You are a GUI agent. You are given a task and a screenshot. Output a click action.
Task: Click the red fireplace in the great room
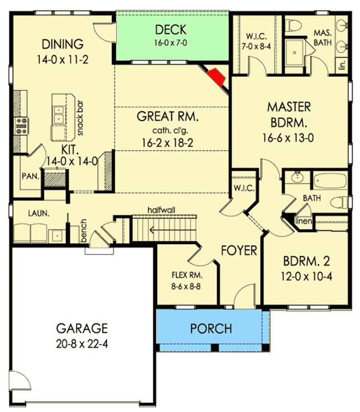[215, 78]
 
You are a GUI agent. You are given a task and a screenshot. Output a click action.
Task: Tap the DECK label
[171, 29]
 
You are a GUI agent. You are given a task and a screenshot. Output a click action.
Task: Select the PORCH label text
[211, 328]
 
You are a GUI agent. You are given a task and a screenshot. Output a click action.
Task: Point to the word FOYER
[239, 251]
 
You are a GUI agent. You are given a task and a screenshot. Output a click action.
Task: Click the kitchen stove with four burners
[22, 123]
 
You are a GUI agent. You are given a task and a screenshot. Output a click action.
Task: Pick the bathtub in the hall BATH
[330, 181]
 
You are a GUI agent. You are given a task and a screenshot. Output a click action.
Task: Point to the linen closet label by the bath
[304, 222]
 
